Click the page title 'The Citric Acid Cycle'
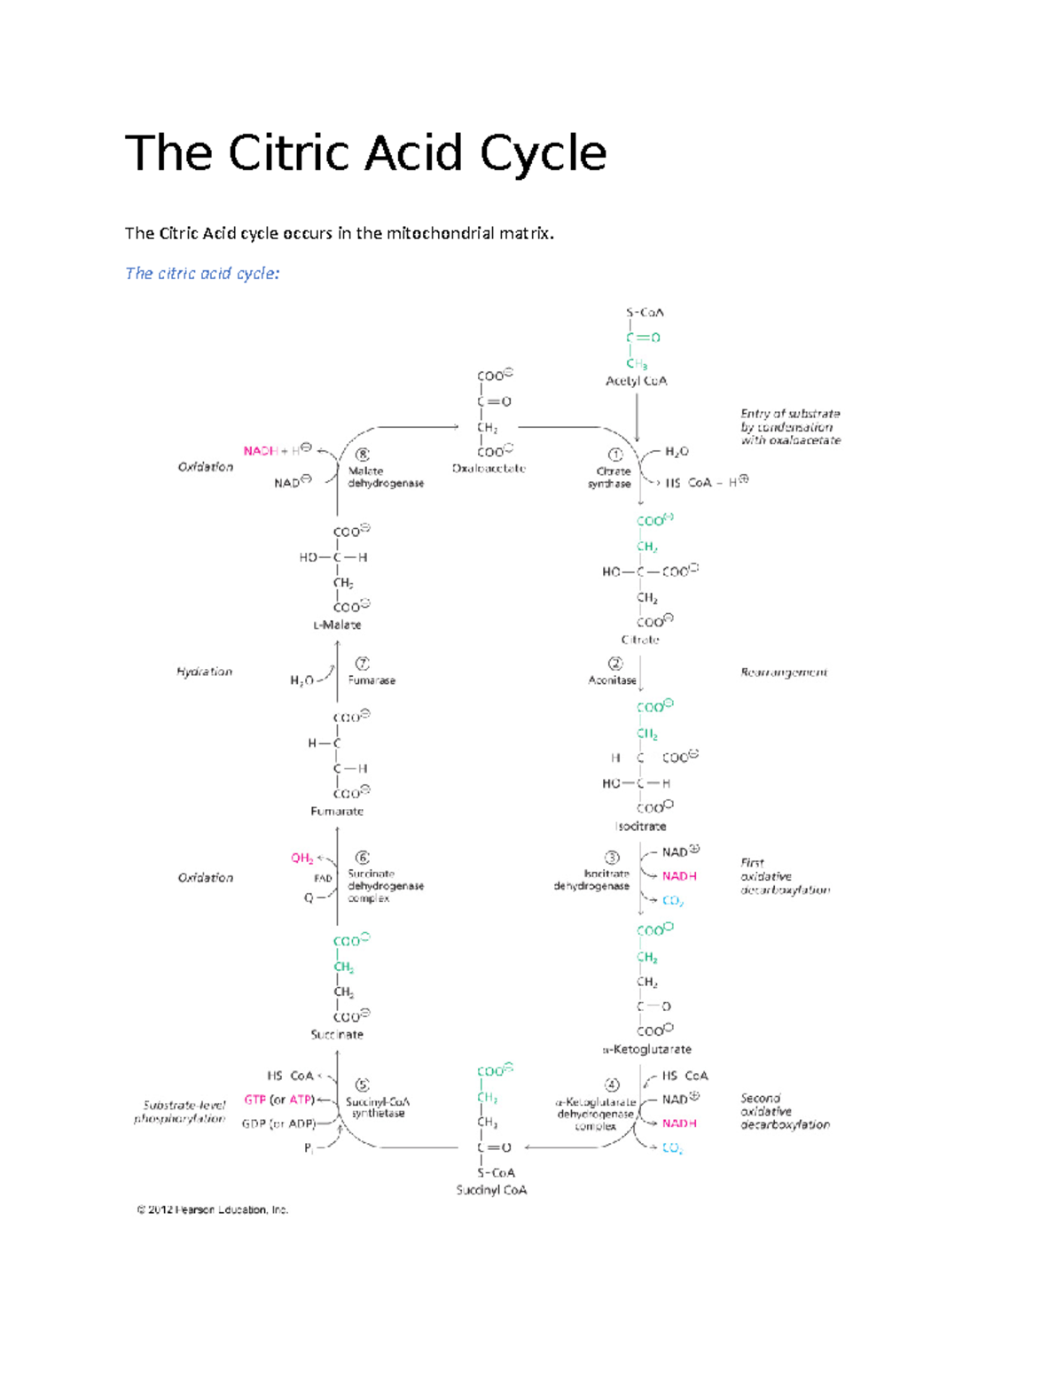[365, 153]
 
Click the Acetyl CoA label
[636, 381]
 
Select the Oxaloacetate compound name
[489, 469]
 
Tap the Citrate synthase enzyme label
[611, 478]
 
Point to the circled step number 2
[615, 664]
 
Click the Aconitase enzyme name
[612, 680]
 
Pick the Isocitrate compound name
[641, 827]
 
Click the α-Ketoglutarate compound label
[647, 1049]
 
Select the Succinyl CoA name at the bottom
[491, 1190]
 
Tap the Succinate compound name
[337, 1034]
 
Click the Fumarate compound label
[337, 811]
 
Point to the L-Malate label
[337, 625]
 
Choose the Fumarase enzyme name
[372, 680]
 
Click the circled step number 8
[362, 455]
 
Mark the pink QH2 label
[302, 858]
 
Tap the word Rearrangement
[784, 672]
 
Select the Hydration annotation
[204, 672]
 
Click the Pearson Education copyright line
[213, 1209]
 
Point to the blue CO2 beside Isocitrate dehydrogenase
[673, 901]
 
